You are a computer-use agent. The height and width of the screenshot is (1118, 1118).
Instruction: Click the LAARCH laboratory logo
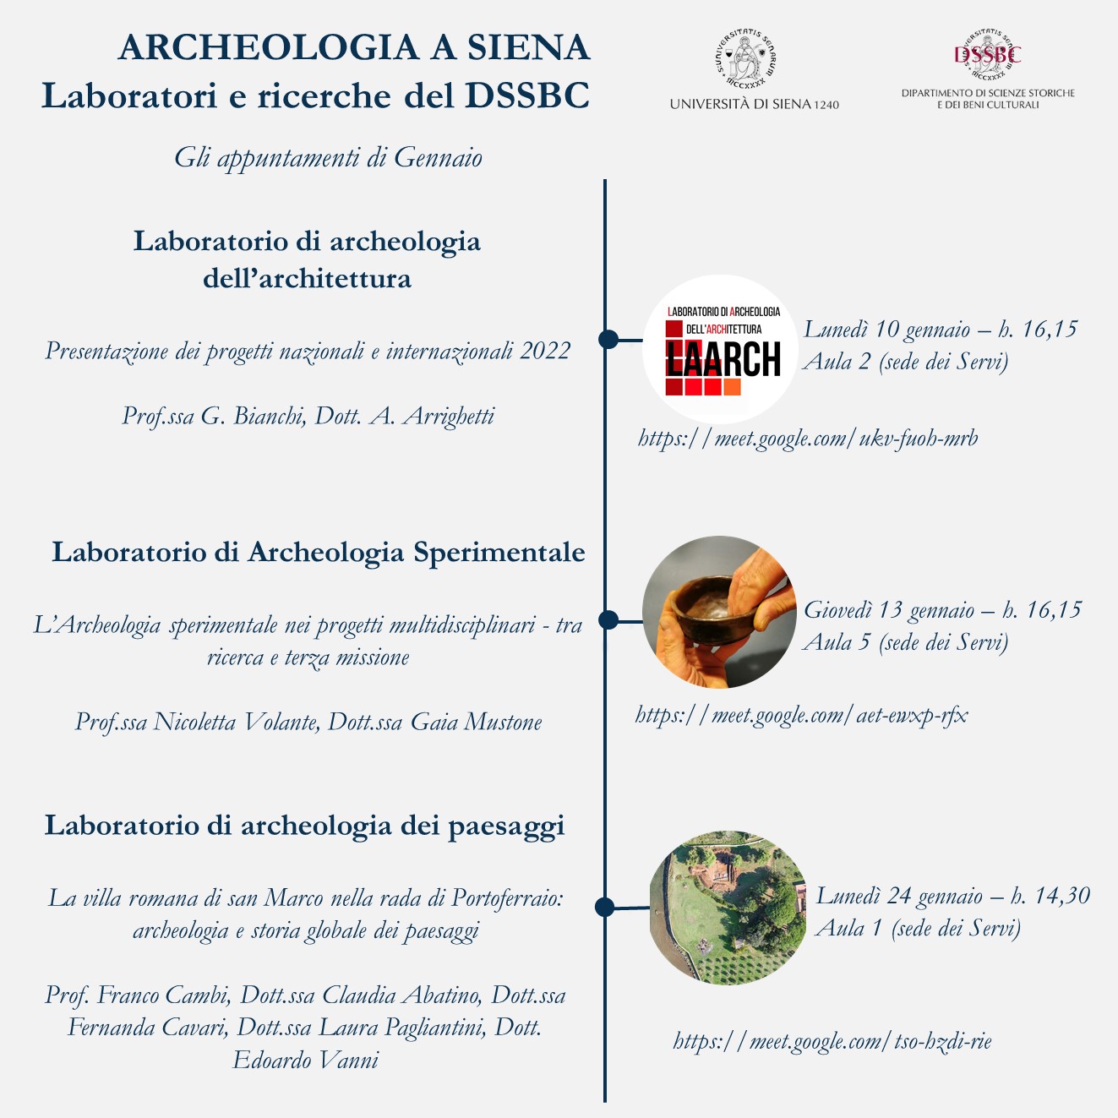(x=721, y=349)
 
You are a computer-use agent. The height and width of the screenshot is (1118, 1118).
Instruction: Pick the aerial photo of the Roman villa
(x=728, y=908)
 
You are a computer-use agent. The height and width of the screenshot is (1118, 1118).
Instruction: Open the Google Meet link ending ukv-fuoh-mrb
(x=808, y=438)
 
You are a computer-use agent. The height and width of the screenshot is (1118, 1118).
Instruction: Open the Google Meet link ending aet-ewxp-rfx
(x=801, y=715)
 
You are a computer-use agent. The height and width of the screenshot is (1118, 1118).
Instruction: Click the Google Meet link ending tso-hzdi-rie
(x=832, y=1040)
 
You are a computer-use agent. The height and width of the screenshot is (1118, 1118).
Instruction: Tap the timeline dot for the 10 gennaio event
(x=608, y=339)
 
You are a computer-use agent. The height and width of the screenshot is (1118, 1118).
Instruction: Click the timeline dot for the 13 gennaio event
(x=608, y=619)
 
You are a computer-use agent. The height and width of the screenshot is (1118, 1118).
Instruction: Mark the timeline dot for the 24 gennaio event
(x=604, y=907)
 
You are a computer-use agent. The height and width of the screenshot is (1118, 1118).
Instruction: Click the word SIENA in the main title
(x=529, y=48)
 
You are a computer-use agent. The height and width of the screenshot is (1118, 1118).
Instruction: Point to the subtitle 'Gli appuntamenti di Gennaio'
(x=328, y=157)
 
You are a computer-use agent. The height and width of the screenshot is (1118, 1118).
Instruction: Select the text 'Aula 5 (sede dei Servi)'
(x=905, y=642)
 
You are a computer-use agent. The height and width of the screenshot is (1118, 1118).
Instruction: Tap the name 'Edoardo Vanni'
(x=306, y=1060)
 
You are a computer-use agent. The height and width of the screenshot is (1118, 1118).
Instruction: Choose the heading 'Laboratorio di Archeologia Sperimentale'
(x=319, y=552)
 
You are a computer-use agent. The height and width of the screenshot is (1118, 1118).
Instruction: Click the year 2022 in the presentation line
(x=545, y=351)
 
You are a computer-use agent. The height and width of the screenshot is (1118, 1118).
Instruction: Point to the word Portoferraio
(x=507, y=897)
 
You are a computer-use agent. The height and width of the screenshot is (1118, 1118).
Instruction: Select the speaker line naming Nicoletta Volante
(x=308, y=722)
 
